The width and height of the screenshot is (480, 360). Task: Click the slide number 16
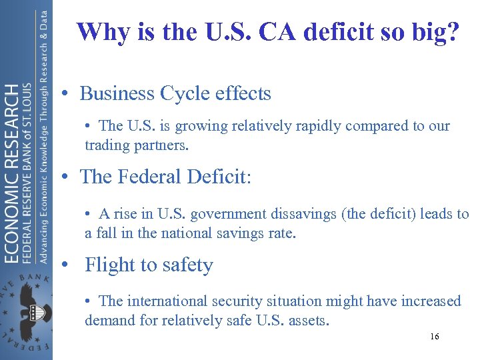pos(434,337)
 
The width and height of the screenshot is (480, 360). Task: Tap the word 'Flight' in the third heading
pos(110,265)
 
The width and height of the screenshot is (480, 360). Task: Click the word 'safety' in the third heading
pos(184,265)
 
